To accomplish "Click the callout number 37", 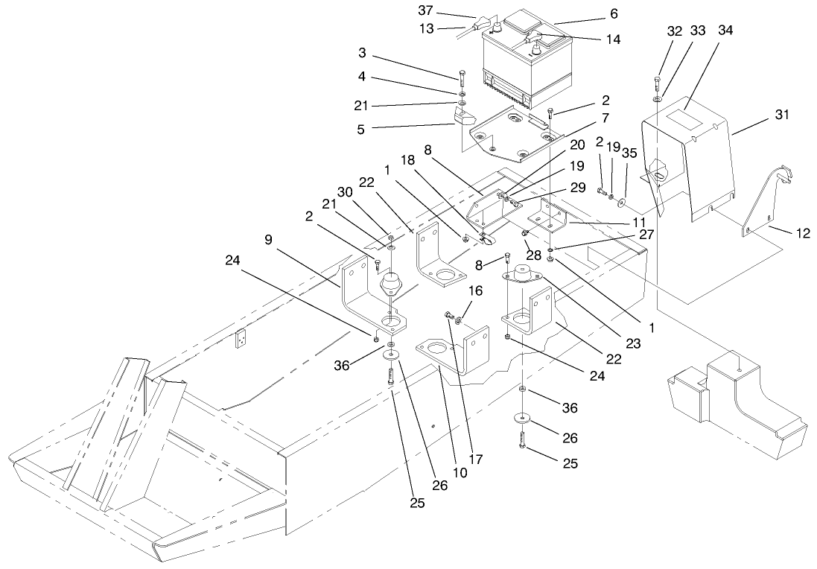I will (446, 10).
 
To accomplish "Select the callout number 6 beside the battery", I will (614, 13).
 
